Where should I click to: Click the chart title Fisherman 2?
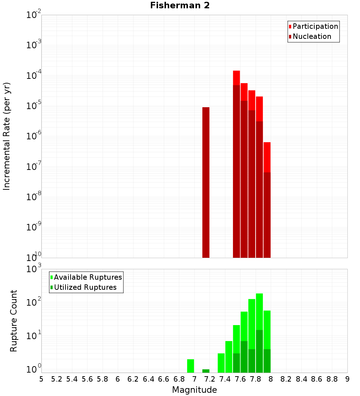pyautogui.click(x=180, y=5)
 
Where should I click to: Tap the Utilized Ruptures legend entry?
pyautogui.click(x=85, y=287)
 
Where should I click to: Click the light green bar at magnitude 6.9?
pyautogui.click(x=190, y=366)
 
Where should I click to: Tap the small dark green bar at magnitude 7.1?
pyautogui.click(x=206, y=371)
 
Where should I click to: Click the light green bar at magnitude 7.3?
pyautogui.click(x=221, y=363)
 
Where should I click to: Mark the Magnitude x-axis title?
pyautogui.click(x=194, y=390)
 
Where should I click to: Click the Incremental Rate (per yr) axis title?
pyautogui.click(x=7, y=136)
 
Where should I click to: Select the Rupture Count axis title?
pyautogui.click(x=14, y=321)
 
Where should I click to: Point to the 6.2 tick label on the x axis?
pyautogui.click(x=133, y=379)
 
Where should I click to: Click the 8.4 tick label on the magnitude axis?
pyautogui.click(x=302, y=379)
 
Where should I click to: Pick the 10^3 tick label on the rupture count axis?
pyautogui.click(x=33, y=269)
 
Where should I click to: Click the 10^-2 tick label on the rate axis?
pyautogui.click(x=33, y=15)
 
